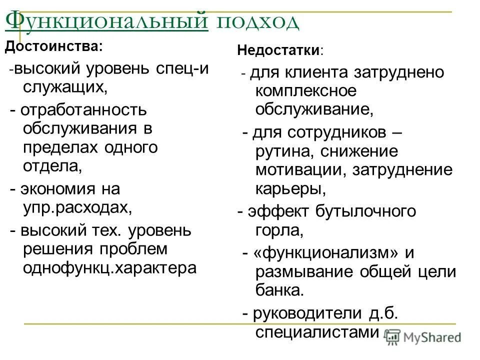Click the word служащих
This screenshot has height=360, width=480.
(x=64, y=87)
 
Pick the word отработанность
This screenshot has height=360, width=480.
(x=84, y=109)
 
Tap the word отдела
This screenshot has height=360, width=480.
(x=51, y=166)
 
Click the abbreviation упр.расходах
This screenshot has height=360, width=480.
(x=77, y=207)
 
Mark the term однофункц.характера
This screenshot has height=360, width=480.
(x=109, y=267)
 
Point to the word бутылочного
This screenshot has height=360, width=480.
(x=365, y=211)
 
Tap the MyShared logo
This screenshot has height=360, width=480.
(x=424, y=337)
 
